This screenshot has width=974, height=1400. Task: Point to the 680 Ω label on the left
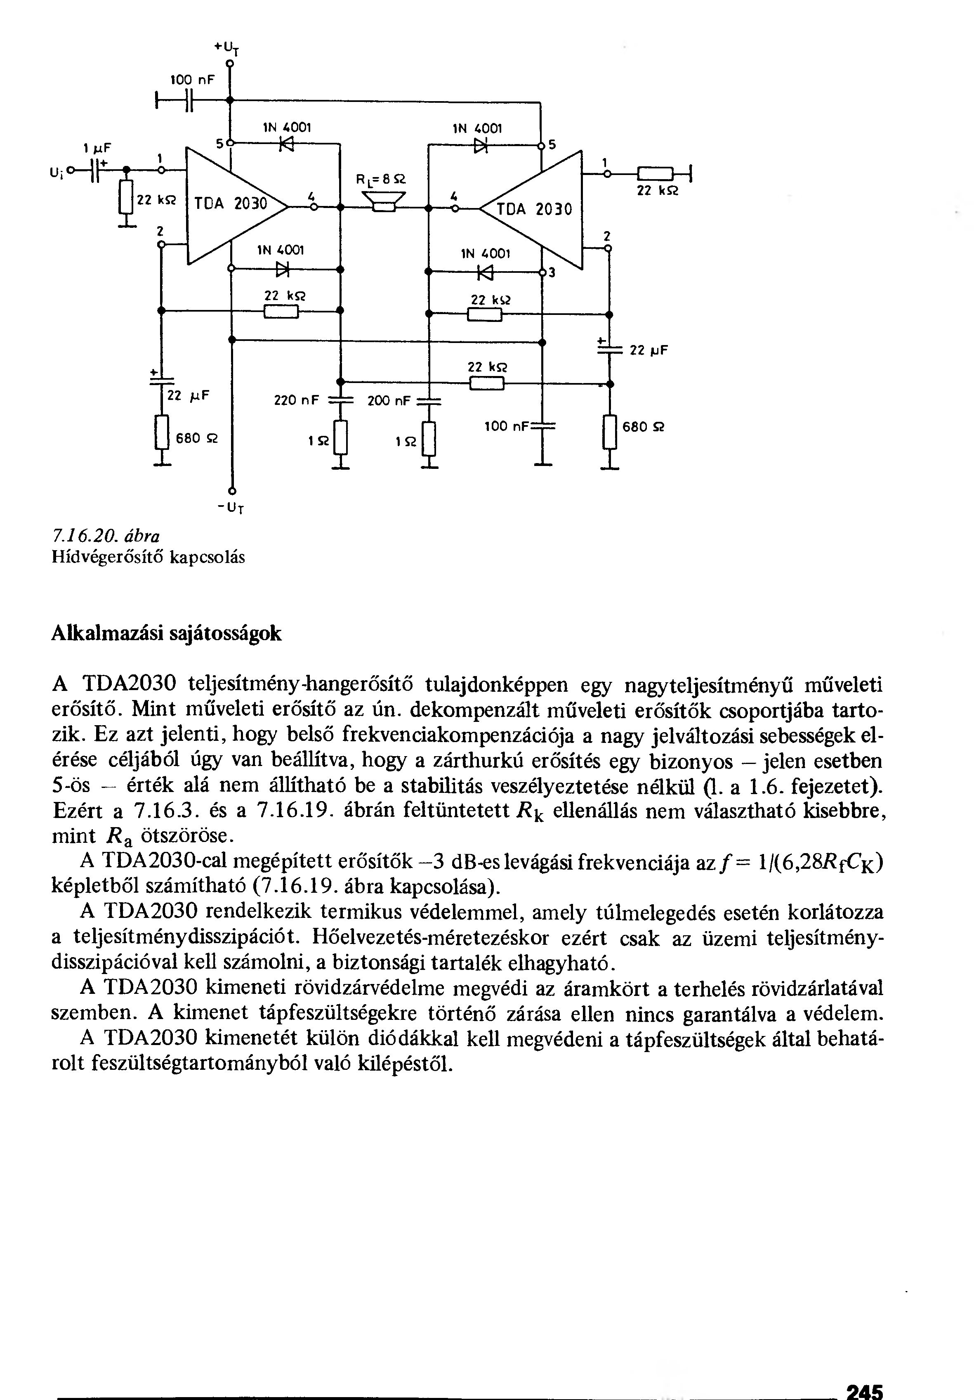(x=196, y=438)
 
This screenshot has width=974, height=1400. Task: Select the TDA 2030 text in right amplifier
(x=535, y=210)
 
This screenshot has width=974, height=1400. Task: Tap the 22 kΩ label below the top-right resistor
(x=658, y=191)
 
